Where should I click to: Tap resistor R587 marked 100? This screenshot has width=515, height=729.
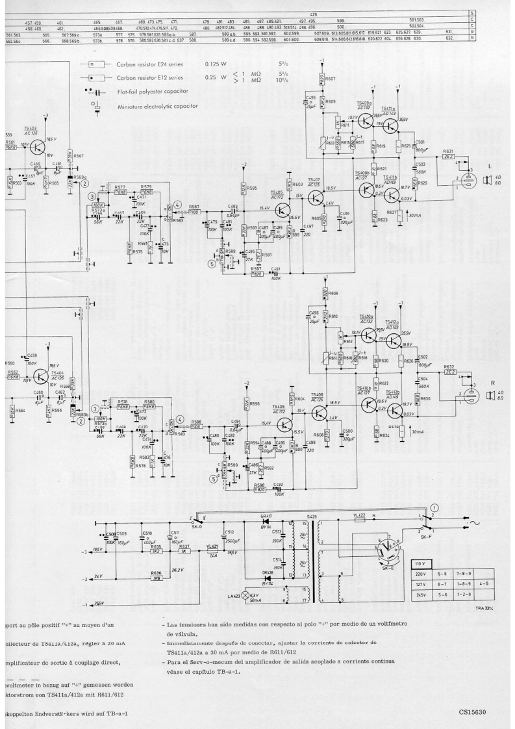click(x=194, y=211)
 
